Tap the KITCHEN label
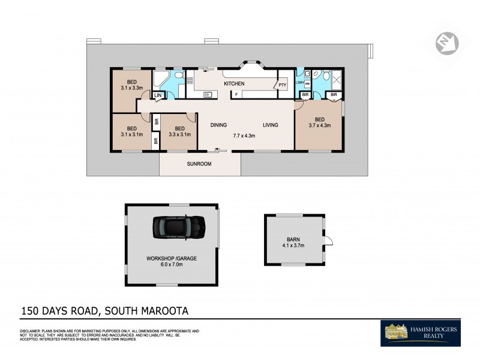(x=234, y=83)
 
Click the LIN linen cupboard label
(x=158, y=95)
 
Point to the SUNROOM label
(x=199, y=163)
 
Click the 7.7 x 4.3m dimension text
(x=244, y=136)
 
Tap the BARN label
(x=293, y=239)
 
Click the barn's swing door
(x=328, y=241)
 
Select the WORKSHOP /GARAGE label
(x=172, y=259)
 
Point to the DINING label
(x=218, y=125)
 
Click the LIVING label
(x=270, y=125)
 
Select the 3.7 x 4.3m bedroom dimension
(x=319, y=125)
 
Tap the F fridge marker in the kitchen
(x=236, y=95)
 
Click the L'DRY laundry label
(x=300, y=82)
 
